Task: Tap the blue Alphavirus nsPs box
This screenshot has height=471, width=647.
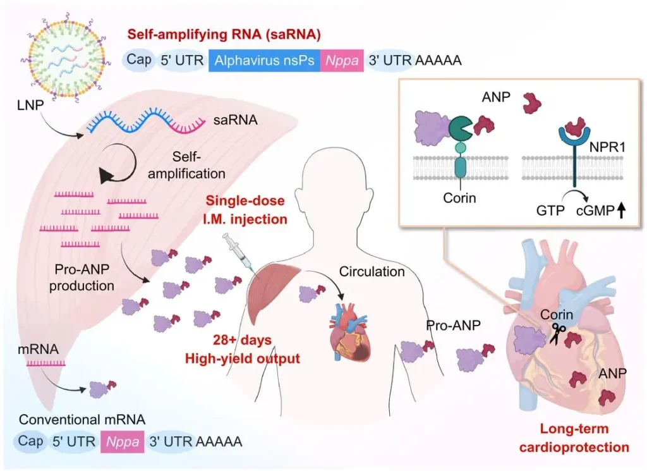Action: point(265,61)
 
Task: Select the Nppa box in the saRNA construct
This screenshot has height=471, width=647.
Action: point(341,61)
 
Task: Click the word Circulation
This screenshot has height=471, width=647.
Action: point(372,272)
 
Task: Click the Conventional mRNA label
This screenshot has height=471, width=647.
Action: point(82,420)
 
